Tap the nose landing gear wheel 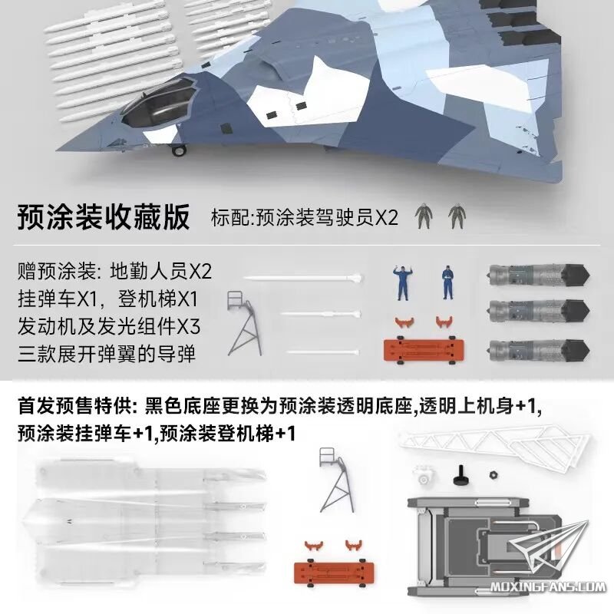(179, 150)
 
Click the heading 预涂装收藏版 (104, 216)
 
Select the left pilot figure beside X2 (424, 216)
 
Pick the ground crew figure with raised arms (402, 282)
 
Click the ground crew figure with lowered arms (447, 282)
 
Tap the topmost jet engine (538, 275)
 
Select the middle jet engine (538, 311)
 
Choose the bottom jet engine (538, 350)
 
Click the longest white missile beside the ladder (302, 279)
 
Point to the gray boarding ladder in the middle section (244, 323)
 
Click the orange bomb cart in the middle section (424, 350)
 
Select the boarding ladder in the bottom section (337, 480)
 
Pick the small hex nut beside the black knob (494, 475)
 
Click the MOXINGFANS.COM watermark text (547, 587)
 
